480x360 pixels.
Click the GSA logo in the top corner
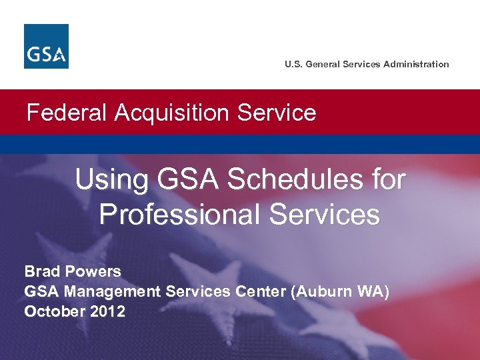pos(46,46)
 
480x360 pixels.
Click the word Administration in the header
pos(416,65)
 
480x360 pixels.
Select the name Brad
pos(42,271)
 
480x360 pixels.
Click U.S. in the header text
pos(293,65)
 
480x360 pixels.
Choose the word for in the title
pos(389,179)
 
